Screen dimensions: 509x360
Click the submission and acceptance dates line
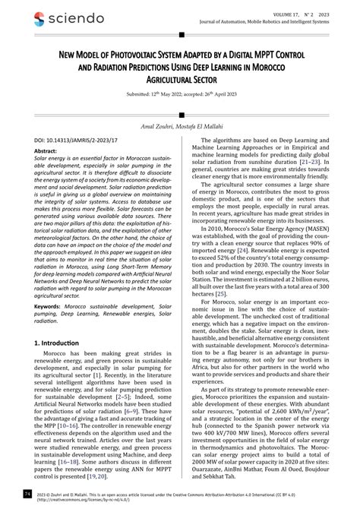[x=180, y=106]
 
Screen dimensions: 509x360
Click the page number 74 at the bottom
[x=28, y=494]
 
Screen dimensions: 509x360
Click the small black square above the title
[x=180, y=33]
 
